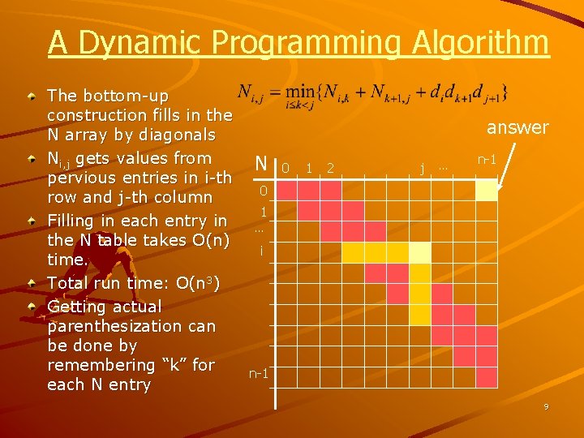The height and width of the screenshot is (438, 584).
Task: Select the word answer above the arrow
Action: [x=517, y=127]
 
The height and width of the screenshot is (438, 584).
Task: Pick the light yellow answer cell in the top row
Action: [x=486, y=190]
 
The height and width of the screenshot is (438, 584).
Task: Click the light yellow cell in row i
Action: [x=419, y=253]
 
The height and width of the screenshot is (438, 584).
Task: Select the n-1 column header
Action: [x=487, y=160]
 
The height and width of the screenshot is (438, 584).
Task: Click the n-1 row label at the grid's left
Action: [x=259, y=374]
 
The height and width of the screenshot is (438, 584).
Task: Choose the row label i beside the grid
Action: [x=260, y=252]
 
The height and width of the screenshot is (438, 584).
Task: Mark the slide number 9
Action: [x=546, y=406]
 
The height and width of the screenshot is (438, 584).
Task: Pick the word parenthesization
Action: [x=131, y=326]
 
